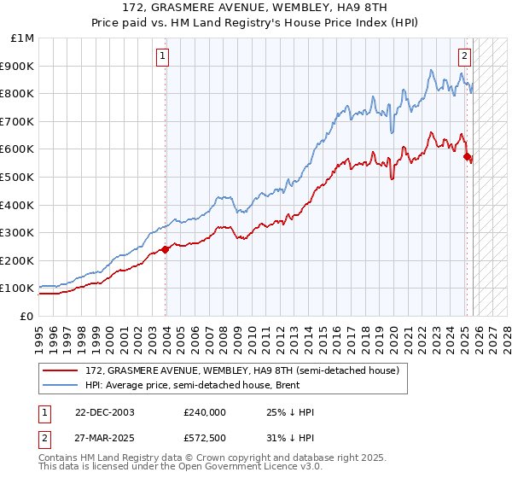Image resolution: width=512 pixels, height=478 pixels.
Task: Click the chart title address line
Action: [255, 7]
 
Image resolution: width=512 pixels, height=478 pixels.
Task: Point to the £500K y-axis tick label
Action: [19, 177]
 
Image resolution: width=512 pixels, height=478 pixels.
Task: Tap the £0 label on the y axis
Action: [26, 316]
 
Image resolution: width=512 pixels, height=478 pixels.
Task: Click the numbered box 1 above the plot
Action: [162, 57]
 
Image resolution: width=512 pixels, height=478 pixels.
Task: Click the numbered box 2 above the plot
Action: [464, 57]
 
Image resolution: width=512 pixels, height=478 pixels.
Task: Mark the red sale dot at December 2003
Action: [165, 249]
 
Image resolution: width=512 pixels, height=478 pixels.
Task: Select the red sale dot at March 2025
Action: [467, 156]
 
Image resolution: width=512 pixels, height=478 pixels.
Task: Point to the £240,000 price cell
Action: [204, 412]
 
